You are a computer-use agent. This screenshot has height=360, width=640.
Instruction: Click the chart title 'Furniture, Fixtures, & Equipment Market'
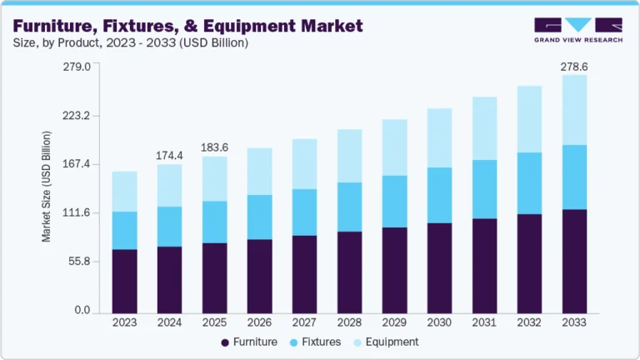coord(187,26)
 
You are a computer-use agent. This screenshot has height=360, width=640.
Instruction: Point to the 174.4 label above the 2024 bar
coord(170,155)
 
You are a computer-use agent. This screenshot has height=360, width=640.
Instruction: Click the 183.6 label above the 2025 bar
coord(215,147)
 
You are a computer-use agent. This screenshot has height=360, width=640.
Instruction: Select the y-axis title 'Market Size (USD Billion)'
coord(47,187)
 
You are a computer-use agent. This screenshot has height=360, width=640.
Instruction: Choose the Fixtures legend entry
coord(316,342)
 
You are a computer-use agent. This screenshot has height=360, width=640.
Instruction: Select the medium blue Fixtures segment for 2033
coord(573,177)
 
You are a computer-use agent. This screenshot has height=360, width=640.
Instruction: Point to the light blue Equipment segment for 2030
coord(438,137)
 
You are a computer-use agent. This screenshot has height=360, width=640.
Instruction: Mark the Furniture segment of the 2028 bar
coord(349,272)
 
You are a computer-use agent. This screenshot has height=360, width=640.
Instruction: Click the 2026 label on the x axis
coord(259,322)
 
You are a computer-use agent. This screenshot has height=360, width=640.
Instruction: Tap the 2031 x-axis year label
coord(483,322)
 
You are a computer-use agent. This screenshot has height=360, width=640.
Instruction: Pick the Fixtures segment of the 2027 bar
coord(304,212)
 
